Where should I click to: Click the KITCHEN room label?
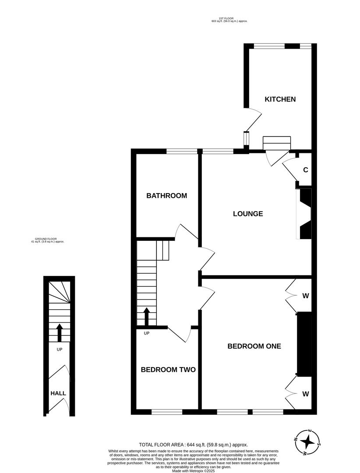pyautogui.click(x=280, y=99)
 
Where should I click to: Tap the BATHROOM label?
pyautogui.click(x=166, y=196)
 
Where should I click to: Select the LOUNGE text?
pyautogui.click(x=248, y=214)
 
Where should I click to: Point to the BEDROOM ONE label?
pyautogui.click(x=254, y=346)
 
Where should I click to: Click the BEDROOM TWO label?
pyautogui.click(x=168, y=370)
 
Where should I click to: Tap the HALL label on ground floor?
pyautogui.click(x=58, y=393)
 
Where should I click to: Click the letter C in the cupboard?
pyautogui.click(x=306, y=170)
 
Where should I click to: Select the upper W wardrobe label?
pyautogui.click(x=306, y=296)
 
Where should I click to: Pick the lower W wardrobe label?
pyautogui.click(x=306, y=394)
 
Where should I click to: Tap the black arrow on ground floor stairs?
pyautogui.click(x=59, y=332)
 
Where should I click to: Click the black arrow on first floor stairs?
pyautogui.click(x=147, y=317)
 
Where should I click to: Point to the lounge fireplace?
pyautogui.click(x=304, y=214)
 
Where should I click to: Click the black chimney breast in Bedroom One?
pyautogui.click(x=304, y=344)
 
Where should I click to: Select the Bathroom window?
pyautogui.click(x=182, y=152)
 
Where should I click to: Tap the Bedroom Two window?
pyautogui.click(x=167, y=412)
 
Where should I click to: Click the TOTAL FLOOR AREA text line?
pyautogui.click(x=193, y=445)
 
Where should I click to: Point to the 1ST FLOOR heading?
pyautogui.click(x=226, y=18)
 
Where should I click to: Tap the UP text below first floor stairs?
pyautogui.click(x=147, y=333)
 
